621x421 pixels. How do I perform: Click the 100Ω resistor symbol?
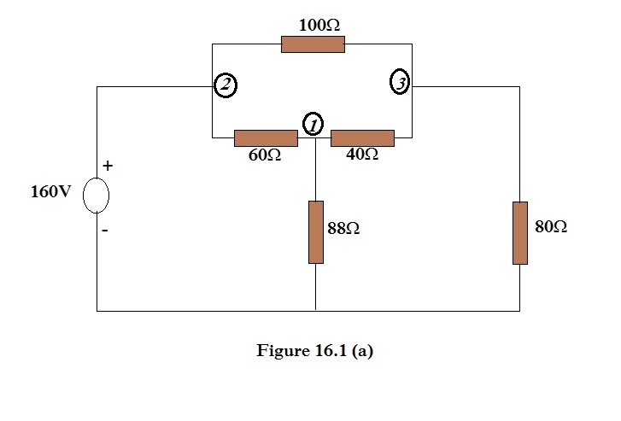click(313, 44)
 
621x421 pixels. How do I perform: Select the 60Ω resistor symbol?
click(266, 137)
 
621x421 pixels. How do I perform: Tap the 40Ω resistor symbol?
click(362, 137)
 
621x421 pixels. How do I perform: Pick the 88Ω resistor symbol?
click(316, 232)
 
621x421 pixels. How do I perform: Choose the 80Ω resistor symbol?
click(519, 232)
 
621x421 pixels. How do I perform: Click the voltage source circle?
click(96, 196)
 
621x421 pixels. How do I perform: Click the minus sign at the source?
click(107, 230)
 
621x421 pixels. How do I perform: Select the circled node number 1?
click(313, 125)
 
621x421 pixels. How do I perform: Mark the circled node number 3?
click(399, 83)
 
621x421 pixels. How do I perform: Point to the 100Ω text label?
click(319, 26)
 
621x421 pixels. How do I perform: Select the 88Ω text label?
click(343, 229)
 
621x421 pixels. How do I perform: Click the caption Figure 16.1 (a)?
click(314, 351)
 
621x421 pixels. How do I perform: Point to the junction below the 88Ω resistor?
click(316, 311)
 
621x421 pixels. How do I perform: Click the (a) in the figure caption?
click(361, 351)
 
